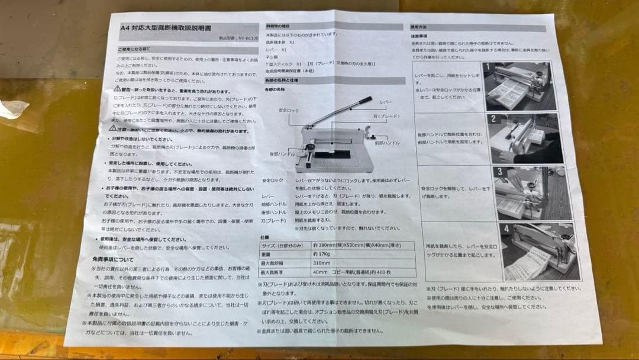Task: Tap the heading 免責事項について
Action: [112, 259]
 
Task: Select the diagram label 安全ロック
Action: [289, 111]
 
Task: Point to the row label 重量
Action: [269, 253]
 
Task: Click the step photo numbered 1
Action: [517, 86]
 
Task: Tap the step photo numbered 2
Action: [524, 138]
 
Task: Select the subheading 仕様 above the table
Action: [264, 236]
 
